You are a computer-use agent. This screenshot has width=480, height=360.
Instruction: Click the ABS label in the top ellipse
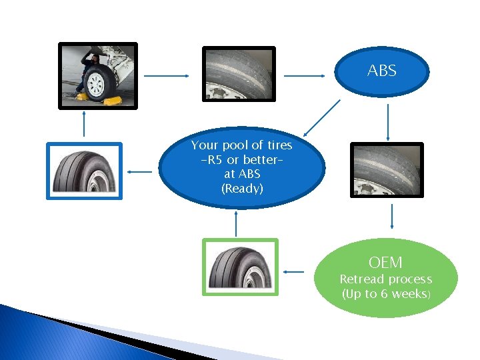pos(381,71)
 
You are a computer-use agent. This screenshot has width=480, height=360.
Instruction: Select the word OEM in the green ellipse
pos(385,263)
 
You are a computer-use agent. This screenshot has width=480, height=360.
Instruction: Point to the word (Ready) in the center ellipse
pos(242,188)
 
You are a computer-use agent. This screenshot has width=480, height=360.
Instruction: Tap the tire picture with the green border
pos(239,267)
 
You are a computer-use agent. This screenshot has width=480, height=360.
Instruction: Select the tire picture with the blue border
pos(84,171)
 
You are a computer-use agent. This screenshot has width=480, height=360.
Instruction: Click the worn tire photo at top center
pos(239,73)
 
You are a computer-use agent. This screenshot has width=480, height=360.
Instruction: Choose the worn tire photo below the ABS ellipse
pos(387,170)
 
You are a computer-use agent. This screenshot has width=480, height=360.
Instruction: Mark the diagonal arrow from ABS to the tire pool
pos(321,119)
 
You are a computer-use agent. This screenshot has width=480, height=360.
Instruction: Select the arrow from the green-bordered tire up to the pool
pos(237,224)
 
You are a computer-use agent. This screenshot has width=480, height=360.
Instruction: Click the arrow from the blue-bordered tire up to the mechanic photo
pos(84,124)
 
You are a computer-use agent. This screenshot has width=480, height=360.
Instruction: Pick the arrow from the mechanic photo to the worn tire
pos(167,75)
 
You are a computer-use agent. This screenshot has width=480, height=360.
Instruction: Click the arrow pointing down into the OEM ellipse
pos(391,217)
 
